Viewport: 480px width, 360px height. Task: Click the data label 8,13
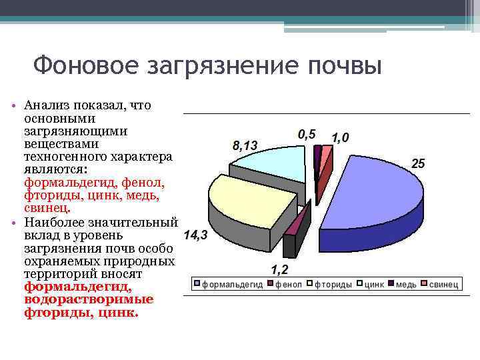coord(245,145)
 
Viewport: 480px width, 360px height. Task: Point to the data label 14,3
coord(195,235)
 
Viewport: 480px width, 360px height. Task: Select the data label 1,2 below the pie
coord(279,269)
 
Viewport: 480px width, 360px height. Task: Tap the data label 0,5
coord(307,133)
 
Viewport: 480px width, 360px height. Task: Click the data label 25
coord(418,163)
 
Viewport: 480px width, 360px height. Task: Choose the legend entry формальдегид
coord(232,285)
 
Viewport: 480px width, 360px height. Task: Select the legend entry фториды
coord(333,285)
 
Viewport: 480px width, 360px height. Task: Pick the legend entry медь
coord(406,285)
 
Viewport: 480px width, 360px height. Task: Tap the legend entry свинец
coord(443,285)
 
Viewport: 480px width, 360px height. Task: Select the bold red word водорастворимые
coord(89,299)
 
